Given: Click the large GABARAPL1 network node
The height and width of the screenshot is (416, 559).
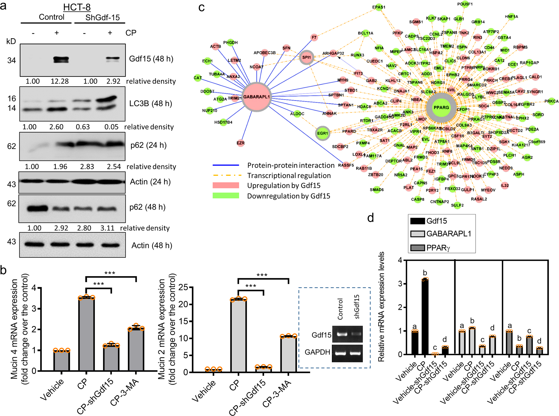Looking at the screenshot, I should click(x=256, y=97).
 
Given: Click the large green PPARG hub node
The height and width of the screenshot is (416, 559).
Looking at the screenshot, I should click(x=441, y=108).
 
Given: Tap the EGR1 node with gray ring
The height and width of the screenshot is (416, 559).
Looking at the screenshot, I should click(x=322, y=133).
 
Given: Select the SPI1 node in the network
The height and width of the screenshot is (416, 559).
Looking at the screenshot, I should click(x=306, y=57).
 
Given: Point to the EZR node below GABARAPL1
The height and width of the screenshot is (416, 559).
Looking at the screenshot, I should click(x=240, y=143).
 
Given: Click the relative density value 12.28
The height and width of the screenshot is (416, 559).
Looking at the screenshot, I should click(x=60, y=81).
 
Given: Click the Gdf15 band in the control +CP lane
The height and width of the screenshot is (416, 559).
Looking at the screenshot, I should click(x=61, y=60).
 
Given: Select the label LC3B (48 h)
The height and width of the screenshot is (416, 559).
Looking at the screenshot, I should click(x=151, y=103).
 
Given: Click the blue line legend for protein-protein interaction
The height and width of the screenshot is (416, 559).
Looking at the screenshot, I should click(x=226, y=165).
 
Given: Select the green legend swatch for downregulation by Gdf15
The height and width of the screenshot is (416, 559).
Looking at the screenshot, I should click(x=226, y=196).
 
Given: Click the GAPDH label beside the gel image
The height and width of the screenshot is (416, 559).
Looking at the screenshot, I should click(x=317, y=352).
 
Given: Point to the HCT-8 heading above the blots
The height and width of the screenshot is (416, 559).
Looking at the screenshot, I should click(x=77, y=7).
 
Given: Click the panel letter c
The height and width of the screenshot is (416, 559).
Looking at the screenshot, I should click(x=201, y=8).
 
